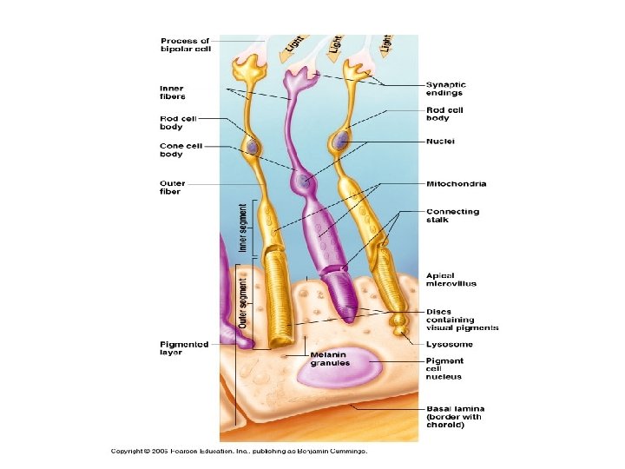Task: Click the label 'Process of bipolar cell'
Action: click(x=185, y=44)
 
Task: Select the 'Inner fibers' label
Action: click(x=172, y=91)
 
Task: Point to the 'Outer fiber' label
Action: click(x=172, y=188)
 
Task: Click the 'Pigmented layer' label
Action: click(x=184, y=348)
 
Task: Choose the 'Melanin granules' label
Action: click(x=330, y=359)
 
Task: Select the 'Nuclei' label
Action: click(x=441, y=141)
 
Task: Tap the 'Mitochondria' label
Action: click(x=457, y=184)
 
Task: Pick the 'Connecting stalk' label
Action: click(x=452, y=216)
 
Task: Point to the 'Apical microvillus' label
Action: click(x=451, y=280)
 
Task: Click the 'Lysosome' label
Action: click(x=450, y=345)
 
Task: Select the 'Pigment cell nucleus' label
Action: click(x=444, y=368)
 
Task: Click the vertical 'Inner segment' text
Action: click(x=243, y=228)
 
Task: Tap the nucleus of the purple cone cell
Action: click(x=302, y=182)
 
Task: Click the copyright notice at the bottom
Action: click(x=239, y=451)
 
